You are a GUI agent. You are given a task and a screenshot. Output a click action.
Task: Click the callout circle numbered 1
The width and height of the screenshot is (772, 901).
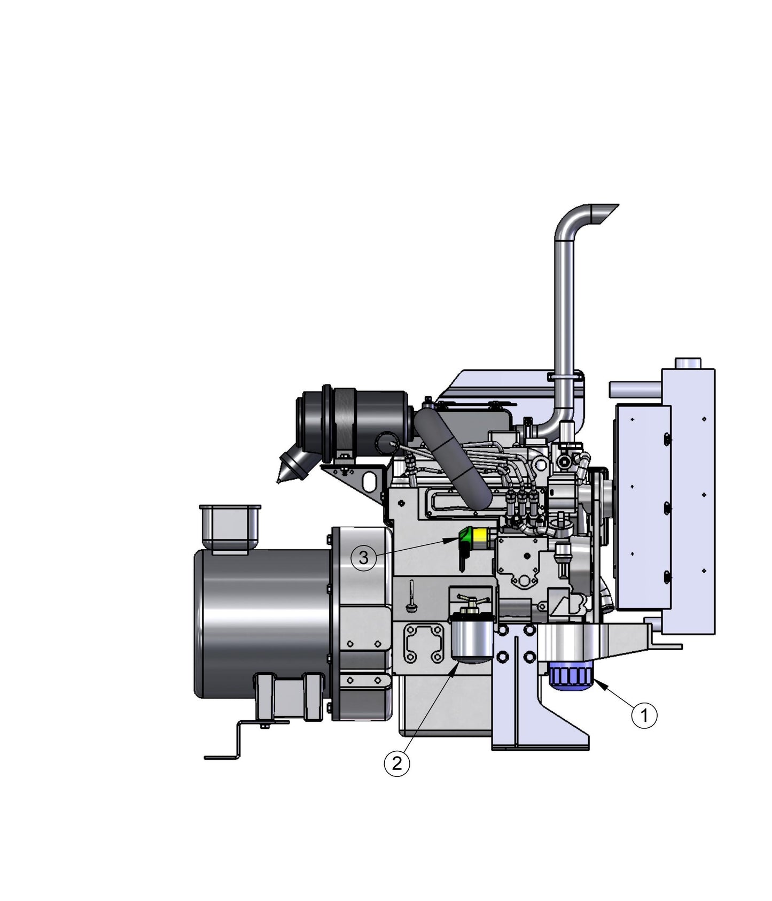tap(644, 715)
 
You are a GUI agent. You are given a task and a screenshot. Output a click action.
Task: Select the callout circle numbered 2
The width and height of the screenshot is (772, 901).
tap(396, 763)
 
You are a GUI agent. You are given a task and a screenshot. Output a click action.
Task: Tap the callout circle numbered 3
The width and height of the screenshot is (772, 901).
tap(363, 558)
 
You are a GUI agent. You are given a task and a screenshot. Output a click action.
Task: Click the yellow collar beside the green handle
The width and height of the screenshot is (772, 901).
tap(480, 537)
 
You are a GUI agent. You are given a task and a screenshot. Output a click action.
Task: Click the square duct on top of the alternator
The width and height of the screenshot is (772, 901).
tap(229, 527)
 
